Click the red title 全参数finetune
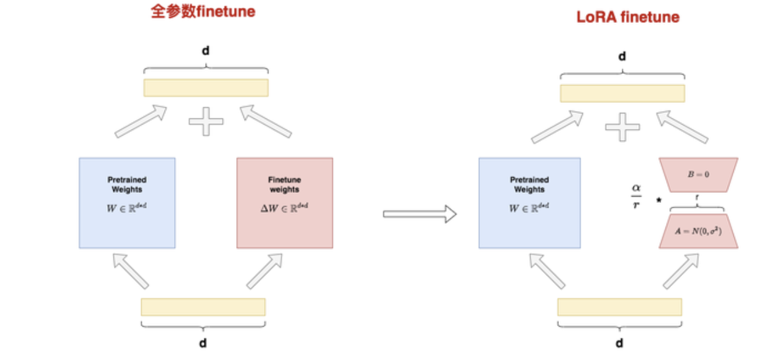coord(203,12)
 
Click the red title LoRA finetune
coord(628,17)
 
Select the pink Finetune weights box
coord(285,203)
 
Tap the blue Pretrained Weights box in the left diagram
coord(127,203)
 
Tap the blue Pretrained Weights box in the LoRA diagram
coord(529,203)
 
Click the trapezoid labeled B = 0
coord(698,174)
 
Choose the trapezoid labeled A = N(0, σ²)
coord(698,232)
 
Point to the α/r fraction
coord(636,197)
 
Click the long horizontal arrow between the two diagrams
coord(420,215)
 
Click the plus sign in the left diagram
coord(206,122)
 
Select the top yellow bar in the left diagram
coord(206,88)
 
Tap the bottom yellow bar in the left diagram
coord(203,307)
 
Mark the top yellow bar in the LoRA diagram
coord(622,93)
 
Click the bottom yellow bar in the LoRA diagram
coord(619,307)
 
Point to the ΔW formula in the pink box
coord(284,208)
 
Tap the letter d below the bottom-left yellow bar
coord(203,343)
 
